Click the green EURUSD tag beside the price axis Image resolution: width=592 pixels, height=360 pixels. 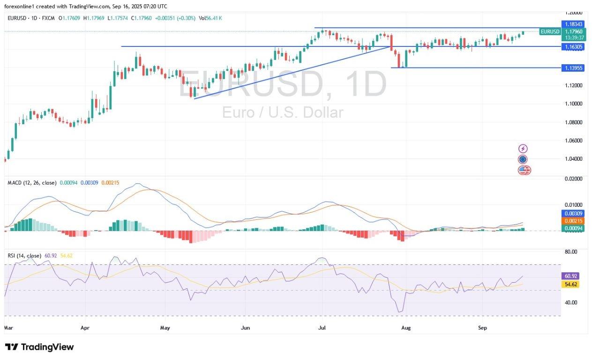pyautogui.click(x=550, y=31)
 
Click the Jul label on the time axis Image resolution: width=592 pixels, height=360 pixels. pyautogui.click(x=322, y=328)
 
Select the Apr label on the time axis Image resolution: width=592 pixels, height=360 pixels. pyautogui.click(x=85, y=328)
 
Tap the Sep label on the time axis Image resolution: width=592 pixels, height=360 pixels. pyautogui.click(x=483, y=328)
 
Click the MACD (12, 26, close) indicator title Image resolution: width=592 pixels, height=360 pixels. pyautogui.click(x=31, y=182)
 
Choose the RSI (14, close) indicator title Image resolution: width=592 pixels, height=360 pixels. pyautogui.click(x=24, y=255)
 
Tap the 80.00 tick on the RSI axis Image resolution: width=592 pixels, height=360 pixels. pyautogui.click(x=570, y=252)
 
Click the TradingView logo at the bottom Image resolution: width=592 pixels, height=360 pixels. pyautogui.click(x=39, y=347)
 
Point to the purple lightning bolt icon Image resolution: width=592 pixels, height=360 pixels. pyautogui.click(x=523, y=149)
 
